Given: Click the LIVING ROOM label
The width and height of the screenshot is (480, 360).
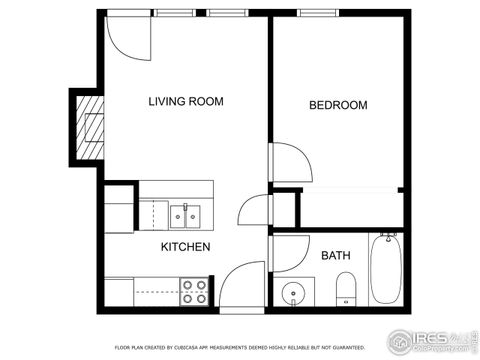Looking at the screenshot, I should point(185,101).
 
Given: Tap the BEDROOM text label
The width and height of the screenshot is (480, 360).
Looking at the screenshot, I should point(337,105).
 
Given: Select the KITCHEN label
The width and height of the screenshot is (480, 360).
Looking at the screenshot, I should point(186,246).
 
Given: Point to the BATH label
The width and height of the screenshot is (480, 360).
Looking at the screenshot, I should point(335,256).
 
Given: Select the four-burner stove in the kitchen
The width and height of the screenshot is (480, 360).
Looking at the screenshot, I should point(193,291).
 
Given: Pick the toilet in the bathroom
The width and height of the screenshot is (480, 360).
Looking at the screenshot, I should point(344,293).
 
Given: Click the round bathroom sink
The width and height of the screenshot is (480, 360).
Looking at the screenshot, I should point(293,294).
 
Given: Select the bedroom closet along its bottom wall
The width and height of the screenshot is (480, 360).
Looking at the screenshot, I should point(350,206).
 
